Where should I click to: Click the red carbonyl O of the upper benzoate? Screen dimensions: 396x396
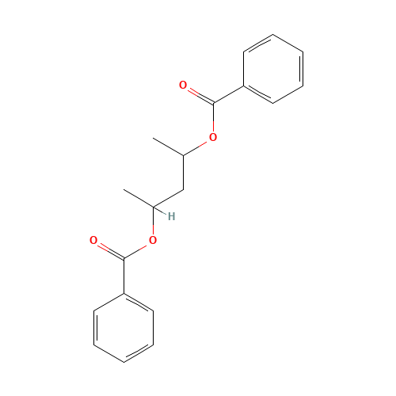183,85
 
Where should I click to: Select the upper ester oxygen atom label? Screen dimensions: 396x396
212,138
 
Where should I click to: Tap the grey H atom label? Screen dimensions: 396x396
171,215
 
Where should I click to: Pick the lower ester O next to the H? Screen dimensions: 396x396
153,239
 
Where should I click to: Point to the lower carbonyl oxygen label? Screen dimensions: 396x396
93,240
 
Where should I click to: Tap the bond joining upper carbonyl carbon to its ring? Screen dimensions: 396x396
229,93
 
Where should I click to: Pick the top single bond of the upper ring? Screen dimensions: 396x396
287,43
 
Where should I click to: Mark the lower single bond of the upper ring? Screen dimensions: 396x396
288,93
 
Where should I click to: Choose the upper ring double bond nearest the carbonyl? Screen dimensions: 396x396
259,93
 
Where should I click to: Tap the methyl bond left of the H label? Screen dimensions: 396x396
139,199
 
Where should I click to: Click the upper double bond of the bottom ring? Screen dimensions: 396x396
139,303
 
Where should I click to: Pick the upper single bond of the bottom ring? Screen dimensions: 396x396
109,303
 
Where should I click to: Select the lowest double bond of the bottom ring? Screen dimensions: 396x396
139,353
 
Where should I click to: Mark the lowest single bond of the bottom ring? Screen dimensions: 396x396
109,353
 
